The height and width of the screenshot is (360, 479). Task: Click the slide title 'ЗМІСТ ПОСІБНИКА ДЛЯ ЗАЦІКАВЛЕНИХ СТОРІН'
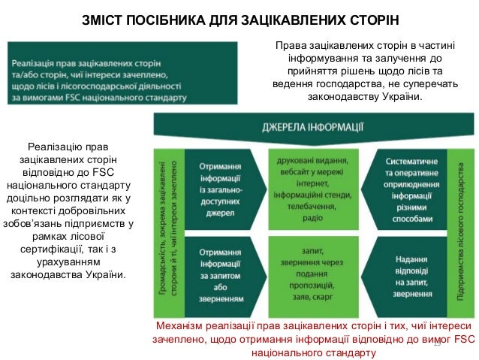click(x=239, y=18)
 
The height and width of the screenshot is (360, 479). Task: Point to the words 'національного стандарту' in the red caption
click(x=313, y=352)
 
